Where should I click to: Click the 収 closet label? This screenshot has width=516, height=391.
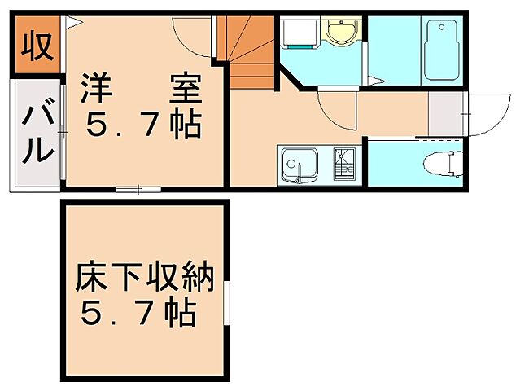click(37, 46)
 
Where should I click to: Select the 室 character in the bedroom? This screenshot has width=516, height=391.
click(186, 88)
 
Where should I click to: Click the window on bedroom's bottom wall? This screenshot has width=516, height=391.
click(138, 190)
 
